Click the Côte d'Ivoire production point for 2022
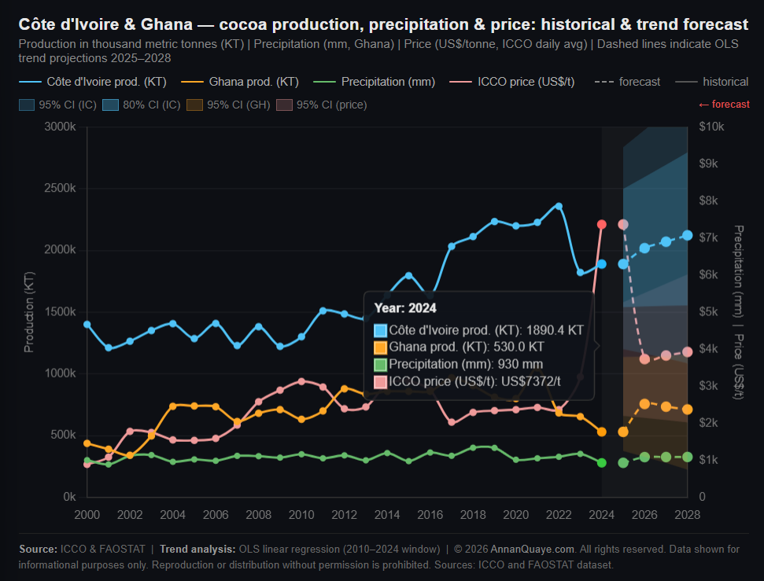(559, 206)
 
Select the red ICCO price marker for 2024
(602, 224)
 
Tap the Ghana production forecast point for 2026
(644, 404)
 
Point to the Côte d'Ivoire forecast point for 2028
(688, 236)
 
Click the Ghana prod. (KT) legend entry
(240, 82)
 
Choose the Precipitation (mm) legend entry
(374, 82)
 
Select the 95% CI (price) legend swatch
(285, 105)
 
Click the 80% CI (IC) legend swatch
(111, 105)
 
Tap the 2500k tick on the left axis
(60, 188)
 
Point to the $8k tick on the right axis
(708, 200)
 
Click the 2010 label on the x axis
(301, 515)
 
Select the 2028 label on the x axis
(688, 515)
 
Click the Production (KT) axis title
(29, 311)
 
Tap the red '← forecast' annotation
(724, 105)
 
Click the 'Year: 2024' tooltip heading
(405, 307)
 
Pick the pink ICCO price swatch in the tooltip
(381, 382)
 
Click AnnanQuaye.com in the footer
(532, 550)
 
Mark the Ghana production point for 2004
(173, 406)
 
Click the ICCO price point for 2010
(301, 381)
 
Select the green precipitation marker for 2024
(602, 462)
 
